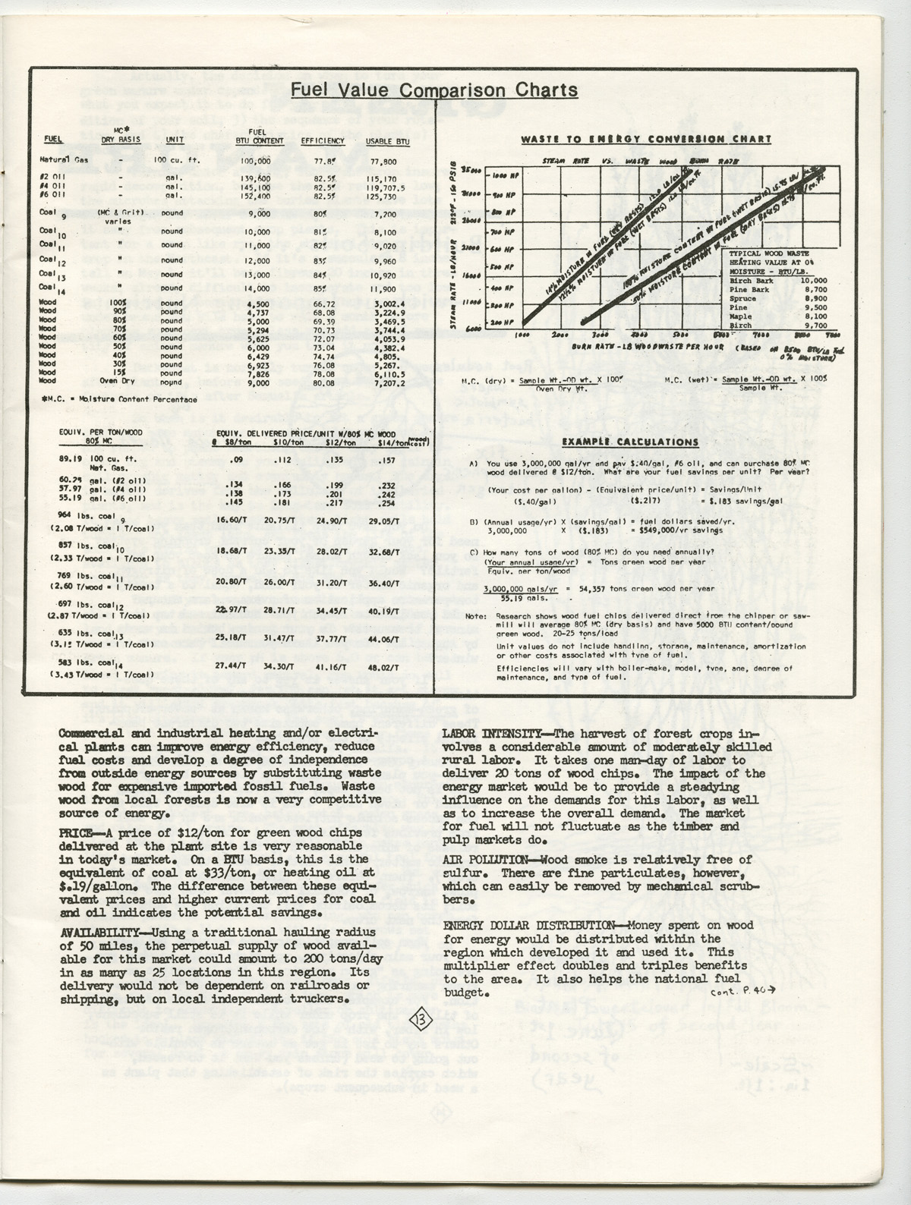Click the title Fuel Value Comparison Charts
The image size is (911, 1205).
pos(433,91)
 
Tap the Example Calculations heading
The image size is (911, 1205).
pos(630,442)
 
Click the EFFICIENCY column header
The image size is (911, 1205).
pos(323,141)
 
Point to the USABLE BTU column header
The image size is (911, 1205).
pos(387,141)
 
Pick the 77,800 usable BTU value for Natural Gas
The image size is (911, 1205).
pos(382,162)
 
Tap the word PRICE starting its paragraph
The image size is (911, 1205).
pos(77,832)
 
